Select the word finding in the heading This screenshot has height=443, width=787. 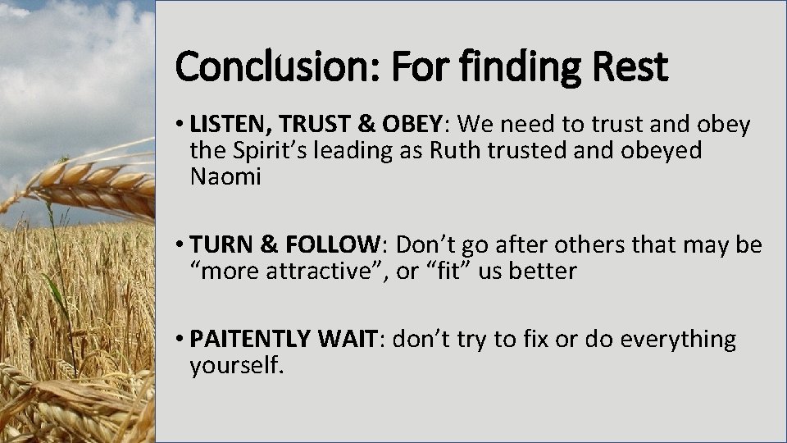tap(530, 67)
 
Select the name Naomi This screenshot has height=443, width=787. tap(225, 177)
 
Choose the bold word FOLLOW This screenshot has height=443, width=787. tap(333, 244)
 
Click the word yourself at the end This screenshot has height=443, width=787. tap(236, 365)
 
